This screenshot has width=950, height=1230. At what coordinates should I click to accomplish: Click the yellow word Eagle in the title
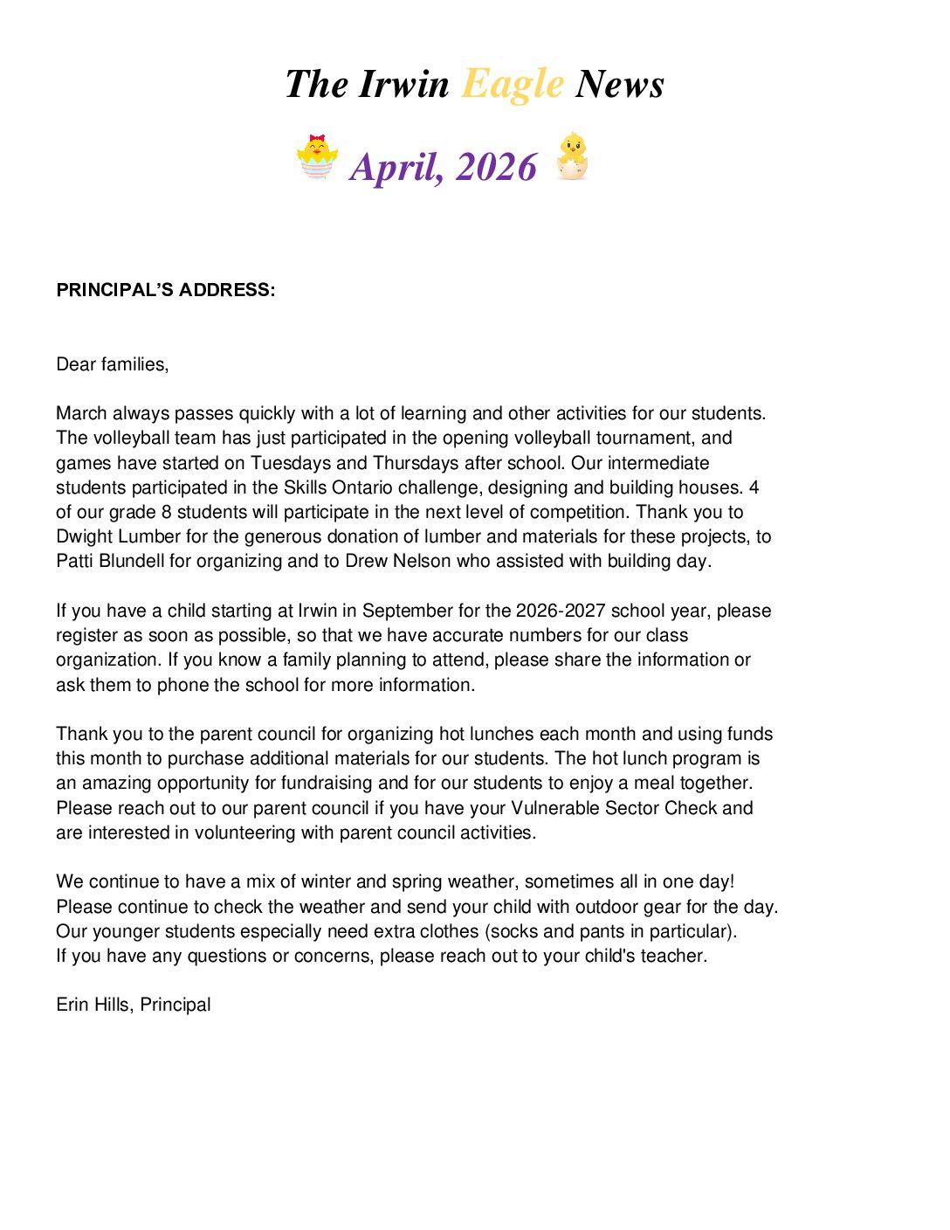coord(513,85)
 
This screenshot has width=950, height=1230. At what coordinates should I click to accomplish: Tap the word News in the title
coord(620,85)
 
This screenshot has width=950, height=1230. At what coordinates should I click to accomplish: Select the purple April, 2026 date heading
coord(444,167)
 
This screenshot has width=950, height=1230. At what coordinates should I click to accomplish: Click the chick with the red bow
coord(317,157)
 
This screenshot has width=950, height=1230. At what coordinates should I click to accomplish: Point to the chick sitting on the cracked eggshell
coord(573,156)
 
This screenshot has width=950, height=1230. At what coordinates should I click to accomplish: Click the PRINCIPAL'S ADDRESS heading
coord(166,290)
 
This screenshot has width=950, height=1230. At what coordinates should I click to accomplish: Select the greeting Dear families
coord(112,364)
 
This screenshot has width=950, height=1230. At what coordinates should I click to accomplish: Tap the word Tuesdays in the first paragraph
coord(291,463)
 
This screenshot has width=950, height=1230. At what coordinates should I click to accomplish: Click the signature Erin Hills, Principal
coord(134,1005)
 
